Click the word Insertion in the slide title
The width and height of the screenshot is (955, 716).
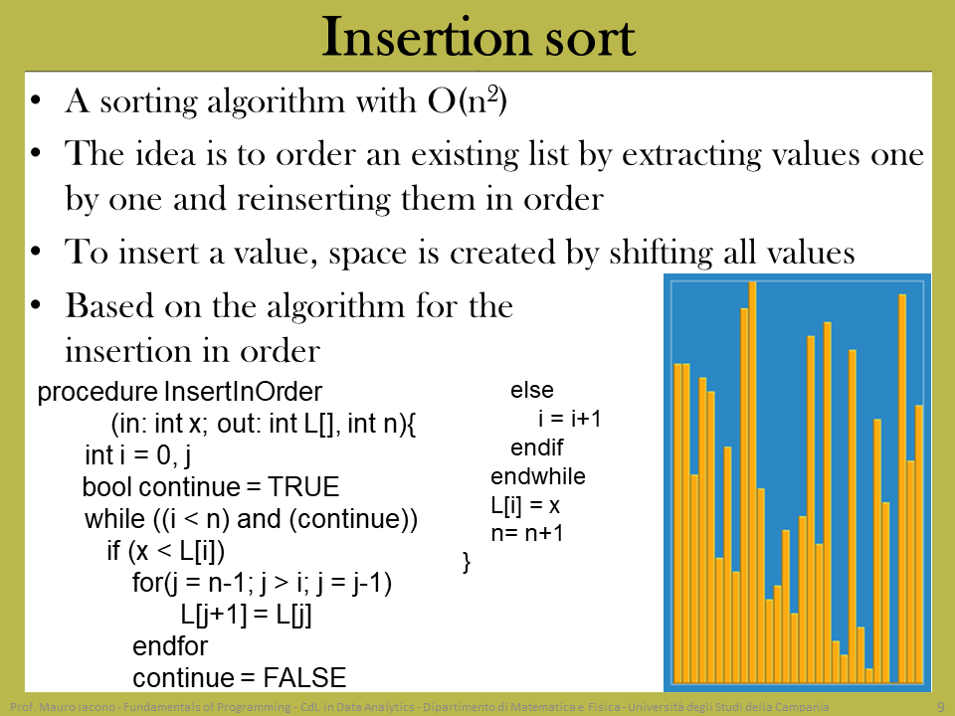coord(427,37)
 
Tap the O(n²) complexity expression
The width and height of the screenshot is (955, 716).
coord(468,100)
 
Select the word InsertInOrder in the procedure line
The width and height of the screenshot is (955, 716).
coord(243,392)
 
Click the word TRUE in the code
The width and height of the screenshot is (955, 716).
coord(303,486)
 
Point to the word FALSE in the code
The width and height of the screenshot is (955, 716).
coord(304,677)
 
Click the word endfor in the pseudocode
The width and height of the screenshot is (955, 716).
coord(170,646)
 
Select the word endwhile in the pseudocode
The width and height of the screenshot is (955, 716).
coord(538,476)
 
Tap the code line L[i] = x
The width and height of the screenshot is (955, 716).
coord(525,505)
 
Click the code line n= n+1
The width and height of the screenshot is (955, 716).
coord(527,533)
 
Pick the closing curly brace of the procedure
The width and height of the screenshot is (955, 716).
coord(467,562)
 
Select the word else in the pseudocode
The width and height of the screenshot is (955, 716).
coord(531,390)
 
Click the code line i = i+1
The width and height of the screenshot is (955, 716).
coord(569,419)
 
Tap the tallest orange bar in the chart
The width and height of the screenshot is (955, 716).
coord(752,482)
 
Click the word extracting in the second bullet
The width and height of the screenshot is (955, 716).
coord(691,154)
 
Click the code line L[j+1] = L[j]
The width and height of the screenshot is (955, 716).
coord(246,615)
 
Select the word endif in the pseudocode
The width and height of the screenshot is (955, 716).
coord(536,447)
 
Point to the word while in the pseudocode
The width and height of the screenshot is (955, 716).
coord(114,519)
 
